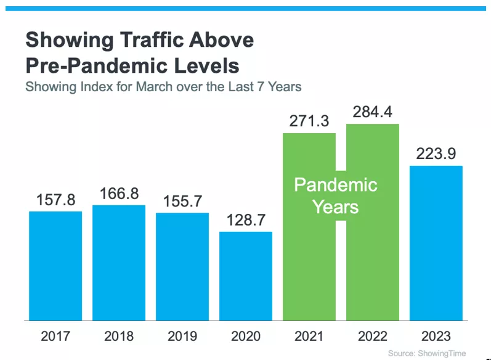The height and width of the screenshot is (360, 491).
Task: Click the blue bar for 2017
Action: [55, 266]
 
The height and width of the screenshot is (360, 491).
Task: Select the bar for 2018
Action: [119, 263]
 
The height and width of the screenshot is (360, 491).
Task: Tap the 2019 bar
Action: [182, 267]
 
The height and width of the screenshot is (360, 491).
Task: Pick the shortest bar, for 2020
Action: [245, 276]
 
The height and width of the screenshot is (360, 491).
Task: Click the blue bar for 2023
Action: [436, 243]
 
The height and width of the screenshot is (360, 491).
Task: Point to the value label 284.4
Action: [372, 112]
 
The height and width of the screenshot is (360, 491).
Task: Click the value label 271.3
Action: [309, 121]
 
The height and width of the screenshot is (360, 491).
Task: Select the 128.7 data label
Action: [246, 220]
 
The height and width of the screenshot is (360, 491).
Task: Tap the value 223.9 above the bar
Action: [436, 154]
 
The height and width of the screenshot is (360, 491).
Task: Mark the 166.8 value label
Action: [119, 194]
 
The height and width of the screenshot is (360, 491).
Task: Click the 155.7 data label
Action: [182, 201]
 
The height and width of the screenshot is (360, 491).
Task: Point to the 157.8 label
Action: [55, 200]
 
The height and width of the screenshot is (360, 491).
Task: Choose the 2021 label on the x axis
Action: [309, 336]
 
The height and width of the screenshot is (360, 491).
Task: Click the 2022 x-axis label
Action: [372, 336]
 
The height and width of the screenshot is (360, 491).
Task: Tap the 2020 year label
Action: [245, 336]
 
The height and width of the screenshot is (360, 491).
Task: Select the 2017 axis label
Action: [55, 336]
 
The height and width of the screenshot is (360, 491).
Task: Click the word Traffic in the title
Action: [152, 40]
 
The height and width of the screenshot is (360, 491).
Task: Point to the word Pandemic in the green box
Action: [336, 185]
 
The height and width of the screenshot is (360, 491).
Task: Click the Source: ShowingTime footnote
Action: [427, 353]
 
